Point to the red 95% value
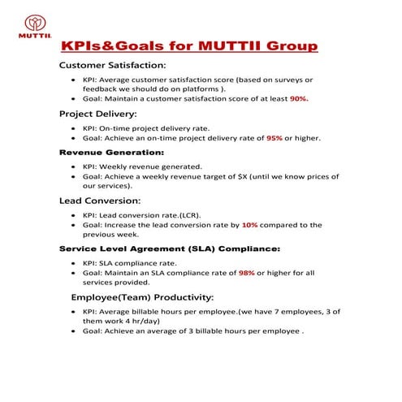[275, 138]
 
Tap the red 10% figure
[249, 225]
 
